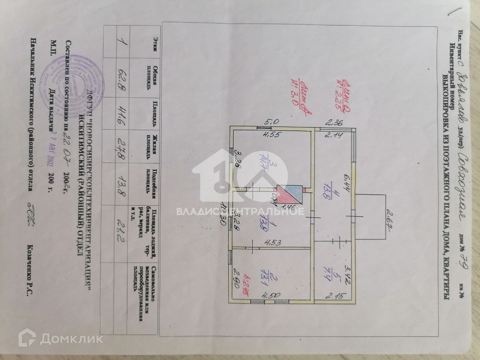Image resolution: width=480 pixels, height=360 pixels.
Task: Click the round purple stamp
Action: (x=71, y=83)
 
